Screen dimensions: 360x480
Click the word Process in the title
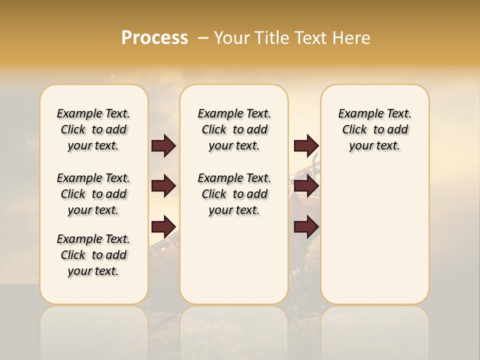(154, 38)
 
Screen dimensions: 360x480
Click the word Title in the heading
(269, 38)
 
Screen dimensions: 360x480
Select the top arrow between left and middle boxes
(163, 146)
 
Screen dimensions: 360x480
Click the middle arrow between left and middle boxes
(163, 186)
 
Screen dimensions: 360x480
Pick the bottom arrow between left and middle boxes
(163, 226)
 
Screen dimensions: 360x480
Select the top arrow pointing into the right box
(306, 146)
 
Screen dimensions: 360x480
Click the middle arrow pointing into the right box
(306, 186)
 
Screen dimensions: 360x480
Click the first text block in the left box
(93, 129)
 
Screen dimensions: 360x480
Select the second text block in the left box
(93, 194)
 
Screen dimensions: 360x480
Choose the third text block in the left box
(93, 255)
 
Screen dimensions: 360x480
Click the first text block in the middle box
(234, 129)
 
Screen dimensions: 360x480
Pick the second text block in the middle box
(234, 194)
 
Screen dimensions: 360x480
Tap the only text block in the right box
(374, 129)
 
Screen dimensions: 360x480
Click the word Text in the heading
(312, 38)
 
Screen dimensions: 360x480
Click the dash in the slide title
(203, 38)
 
